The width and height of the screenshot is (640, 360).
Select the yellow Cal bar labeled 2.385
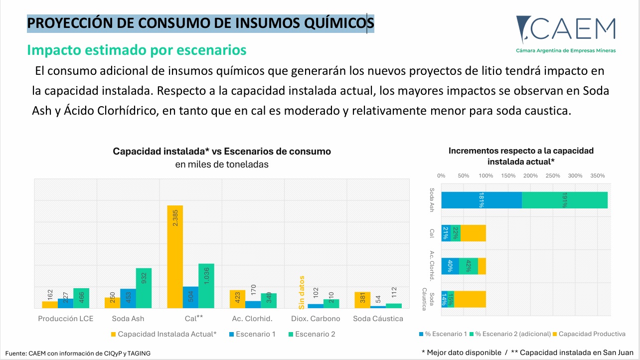coord(175,256)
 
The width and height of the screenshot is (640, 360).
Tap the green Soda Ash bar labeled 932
coord(144,288)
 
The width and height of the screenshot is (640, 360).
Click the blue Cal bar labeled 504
coord(190,298)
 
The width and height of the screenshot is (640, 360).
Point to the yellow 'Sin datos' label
coord(302,292)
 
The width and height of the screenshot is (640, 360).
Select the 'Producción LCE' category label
coord(66,319)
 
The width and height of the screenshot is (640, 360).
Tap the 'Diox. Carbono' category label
coord(316,319)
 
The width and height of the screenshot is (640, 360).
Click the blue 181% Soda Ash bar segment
coord(481,200)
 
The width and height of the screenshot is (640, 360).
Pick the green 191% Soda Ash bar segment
coord(565,200)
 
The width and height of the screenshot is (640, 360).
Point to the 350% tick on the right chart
coord(598,176)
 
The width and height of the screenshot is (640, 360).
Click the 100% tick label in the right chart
coord(486,176)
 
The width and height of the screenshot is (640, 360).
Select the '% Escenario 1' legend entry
coord(443,334)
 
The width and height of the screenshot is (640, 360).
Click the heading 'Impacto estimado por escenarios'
coord(137,50)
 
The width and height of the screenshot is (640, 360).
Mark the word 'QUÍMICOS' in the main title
coord(339,23)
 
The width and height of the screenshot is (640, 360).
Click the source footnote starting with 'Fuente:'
coord(78,353)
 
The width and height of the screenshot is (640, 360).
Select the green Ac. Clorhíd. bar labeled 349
coord(269,301)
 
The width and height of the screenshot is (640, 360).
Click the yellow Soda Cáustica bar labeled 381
coord(362,300)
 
